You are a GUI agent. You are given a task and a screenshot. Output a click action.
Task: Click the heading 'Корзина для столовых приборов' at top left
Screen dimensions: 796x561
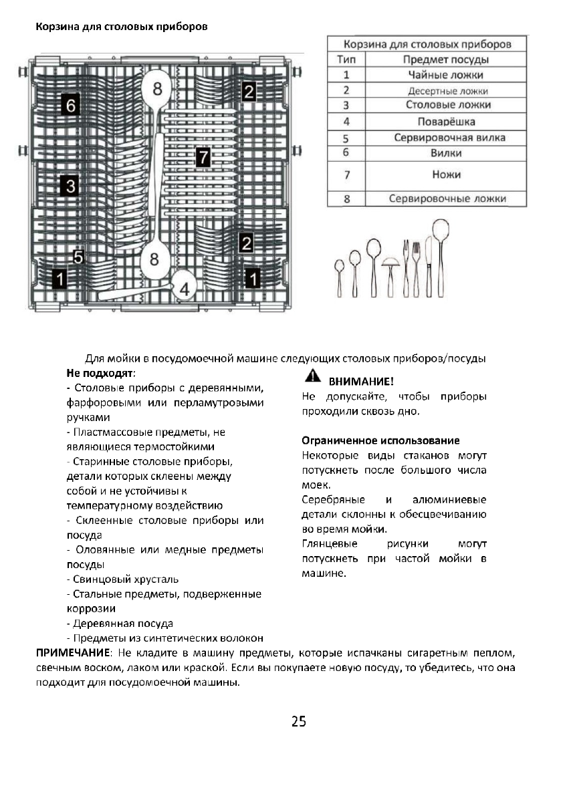pyautogui.click(x=121, y=27)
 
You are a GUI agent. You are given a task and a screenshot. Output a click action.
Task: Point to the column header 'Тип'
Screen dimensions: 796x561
pyautogui.click(x=346, y=59)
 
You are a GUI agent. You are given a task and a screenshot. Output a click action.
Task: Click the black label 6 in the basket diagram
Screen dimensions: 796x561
pyautogui.click(x=71, y=106)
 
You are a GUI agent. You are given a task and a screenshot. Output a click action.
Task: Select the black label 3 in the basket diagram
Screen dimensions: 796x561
pyautogui.click(x=70, y=185)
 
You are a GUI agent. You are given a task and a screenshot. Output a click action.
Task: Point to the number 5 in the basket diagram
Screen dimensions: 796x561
pyautogui.click(x=78, y=257)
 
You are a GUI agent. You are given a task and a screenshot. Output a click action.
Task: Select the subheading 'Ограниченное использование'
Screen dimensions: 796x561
pyautogui.click(x=380, y=441)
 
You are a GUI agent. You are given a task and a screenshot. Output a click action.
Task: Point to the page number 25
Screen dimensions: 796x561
pyautogui.click(x=298, y=721)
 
